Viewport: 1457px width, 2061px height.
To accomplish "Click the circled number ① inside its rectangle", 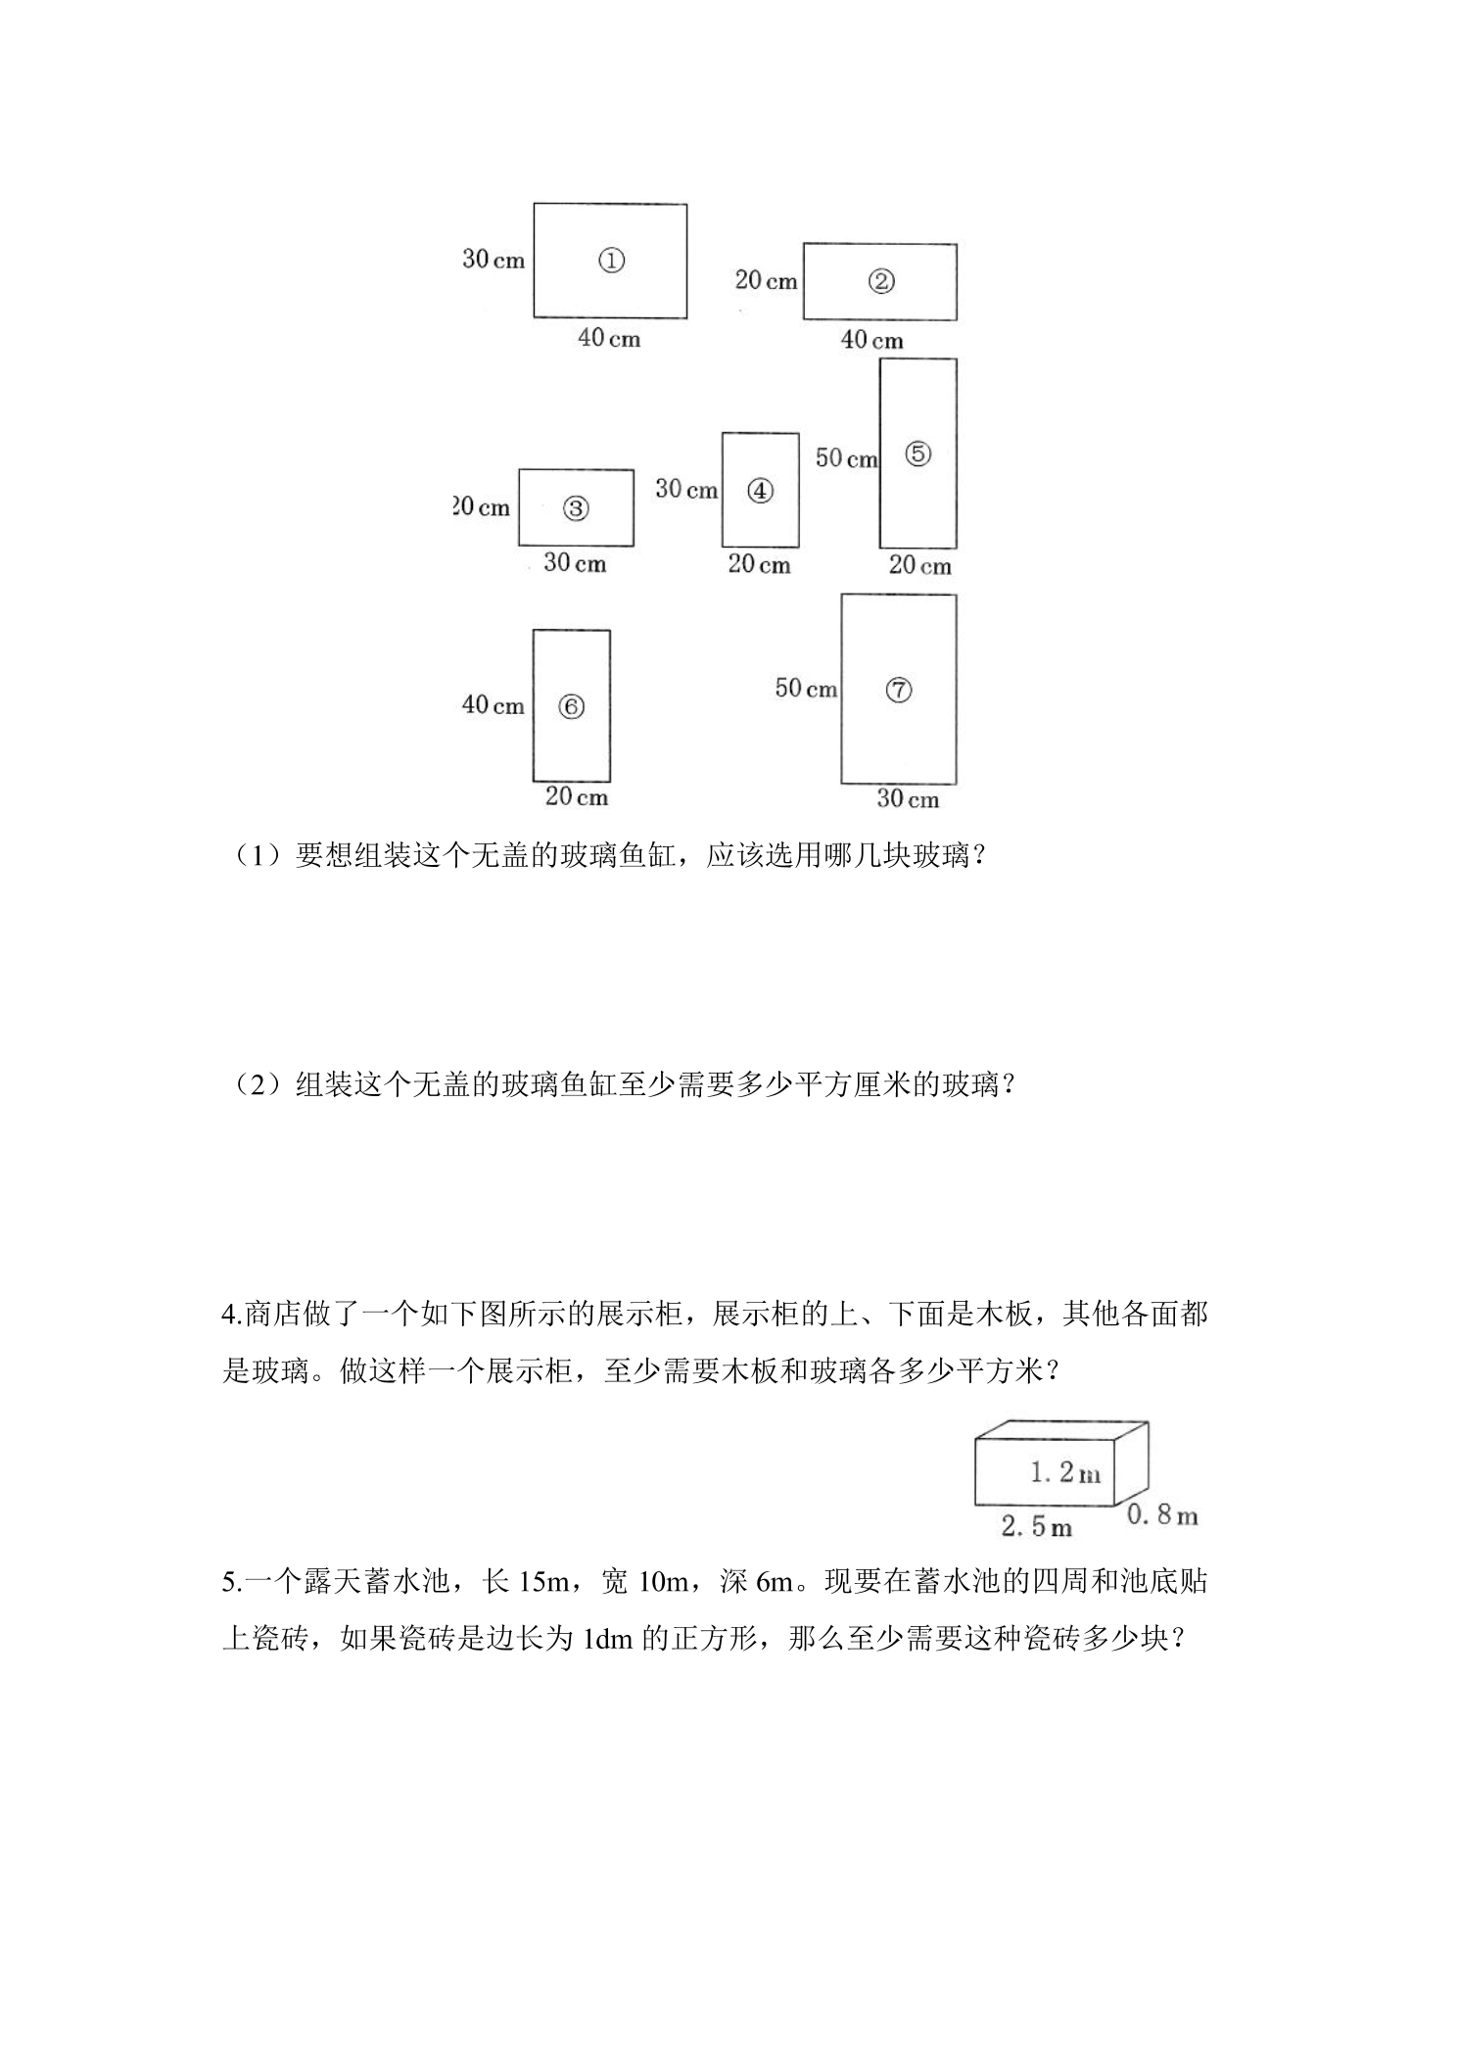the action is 611,261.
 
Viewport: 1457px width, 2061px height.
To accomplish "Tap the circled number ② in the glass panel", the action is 881,282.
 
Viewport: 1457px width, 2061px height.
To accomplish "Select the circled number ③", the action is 576,508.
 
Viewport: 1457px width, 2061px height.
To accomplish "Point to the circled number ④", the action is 761,491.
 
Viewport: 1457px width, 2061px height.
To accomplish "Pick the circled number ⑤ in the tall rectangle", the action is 918,455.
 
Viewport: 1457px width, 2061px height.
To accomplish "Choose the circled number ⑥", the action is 572,706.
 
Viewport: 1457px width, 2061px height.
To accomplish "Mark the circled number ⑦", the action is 899,691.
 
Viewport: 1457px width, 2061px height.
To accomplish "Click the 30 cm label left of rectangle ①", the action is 493,260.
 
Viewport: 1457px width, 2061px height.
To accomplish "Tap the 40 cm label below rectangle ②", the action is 871,340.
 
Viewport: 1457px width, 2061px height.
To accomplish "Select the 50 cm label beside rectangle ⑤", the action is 847,457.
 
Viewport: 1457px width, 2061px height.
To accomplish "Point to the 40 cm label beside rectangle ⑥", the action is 493,704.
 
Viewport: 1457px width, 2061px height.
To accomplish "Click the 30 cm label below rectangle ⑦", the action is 908,798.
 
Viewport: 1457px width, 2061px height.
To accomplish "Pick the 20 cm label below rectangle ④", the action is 759,564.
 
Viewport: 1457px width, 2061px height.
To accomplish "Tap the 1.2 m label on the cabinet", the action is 1065,1471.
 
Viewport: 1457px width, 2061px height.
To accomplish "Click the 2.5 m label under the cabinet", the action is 1037,1526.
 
